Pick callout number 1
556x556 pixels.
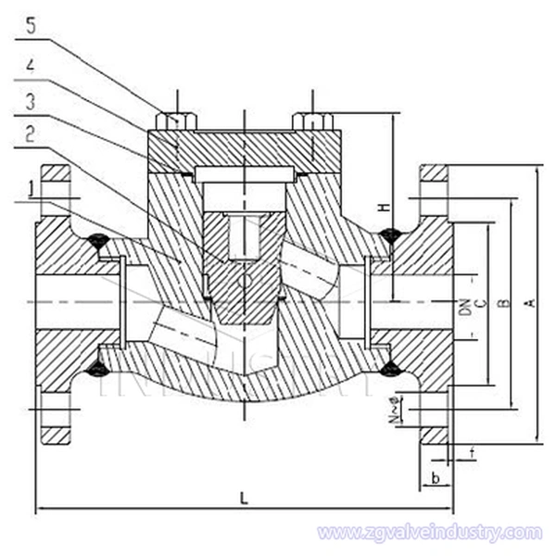[x=33, y=186]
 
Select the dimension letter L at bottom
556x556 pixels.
[x=244, y=498]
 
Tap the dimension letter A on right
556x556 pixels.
[x=531, y=304]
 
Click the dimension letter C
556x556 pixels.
[x=479, y=304]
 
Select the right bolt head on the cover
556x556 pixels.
[x=312, y=120]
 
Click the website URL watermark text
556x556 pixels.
[x=429, y=533]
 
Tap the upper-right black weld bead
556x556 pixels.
[x=389, y=235]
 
